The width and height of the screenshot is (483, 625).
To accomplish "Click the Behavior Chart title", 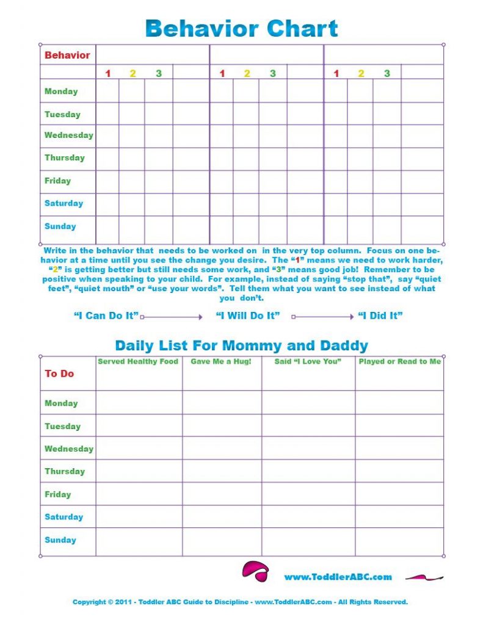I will pyautogui.click(x=241, y=28).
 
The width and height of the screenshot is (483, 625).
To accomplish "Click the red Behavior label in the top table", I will pyautogui.click(x=67, y=55).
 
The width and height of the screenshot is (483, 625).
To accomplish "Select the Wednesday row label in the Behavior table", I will pyautogui.click(x=68, y=135).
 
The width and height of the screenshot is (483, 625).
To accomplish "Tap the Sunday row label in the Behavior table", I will pyautogui.click(x=60, y=226).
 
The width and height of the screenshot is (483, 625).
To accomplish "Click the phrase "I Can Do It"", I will pyautogui.click(x=106, y=316).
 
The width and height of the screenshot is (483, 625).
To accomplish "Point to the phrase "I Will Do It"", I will pyautogui.click(x=247, y=316).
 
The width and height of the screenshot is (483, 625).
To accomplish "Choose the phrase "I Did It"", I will pyautogui.click(x=380, y=316).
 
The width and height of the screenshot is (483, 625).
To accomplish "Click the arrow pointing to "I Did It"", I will pyautogui.click(x=323, y=317).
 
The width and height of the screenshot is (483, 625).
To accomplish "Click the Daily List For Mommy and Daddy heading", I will pyautogui.click(x=241, y=345).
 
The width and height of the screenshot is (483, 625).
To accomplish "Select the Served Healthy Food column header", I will pyautogui.click(x=138, y=361).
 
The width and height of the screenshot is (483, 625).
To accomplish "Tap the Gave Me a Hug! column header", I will pyautogui.click(x=221, y=361).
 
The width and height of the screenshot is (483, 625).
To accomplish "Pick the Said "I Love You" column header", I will pyautogui.click(x=308, y=361).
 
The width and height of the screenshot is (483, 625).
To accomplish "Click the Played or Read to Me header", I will pyautogui.click(x=399, y=361).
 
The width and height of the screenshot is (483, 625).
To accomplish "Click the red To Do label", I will pyautogui.click(x=59, y=374).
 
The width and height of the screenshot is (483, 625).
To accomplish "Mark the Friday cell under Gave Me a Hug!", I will pyautogui.click(x=222, y=494).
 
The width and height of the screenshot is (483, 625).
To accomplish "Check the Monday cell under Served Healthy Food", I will pyautogui.click(x=139, y=403).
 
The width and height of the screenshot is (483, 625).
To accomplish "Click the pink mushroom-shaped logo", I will pyautogui.click(x=255, y=571).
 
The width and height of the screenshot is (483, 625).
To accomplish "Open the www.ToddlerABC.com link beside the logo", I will pyautogui.click(x=338, y=577).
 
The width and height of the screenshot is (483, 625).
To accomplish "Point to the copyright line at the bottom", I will pyautogui.click(x=240, y=602).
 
